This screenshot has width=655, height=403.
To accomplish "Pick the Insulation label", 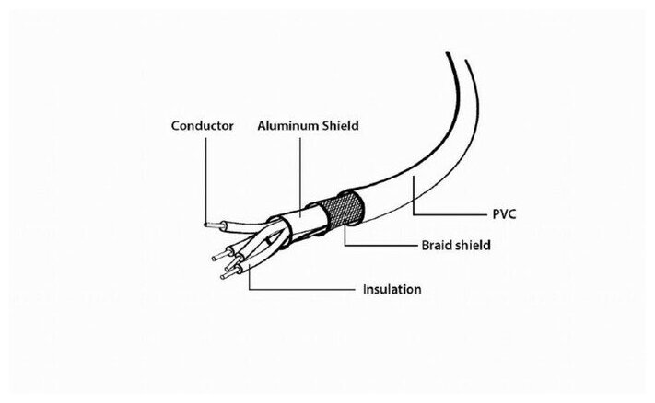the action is tap(392, 290).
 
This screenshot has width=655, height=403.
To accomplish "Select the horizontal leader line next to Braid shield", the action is tap(378, 246).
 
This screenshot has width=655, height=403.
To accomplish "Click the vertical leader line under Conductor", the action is tap(204, 175).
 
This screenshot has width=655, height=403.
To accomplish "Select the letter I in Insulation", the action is tap(363, 290).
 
